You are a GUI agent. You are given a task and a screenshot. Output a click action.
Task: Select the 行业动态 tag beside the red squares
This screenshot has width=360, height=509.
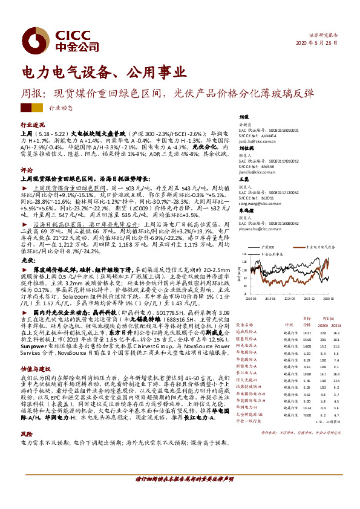61,108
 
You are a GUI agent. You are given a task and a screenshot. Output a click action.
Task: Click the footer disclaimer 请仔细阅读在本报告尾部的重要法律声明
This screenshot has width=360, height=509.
180,494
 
